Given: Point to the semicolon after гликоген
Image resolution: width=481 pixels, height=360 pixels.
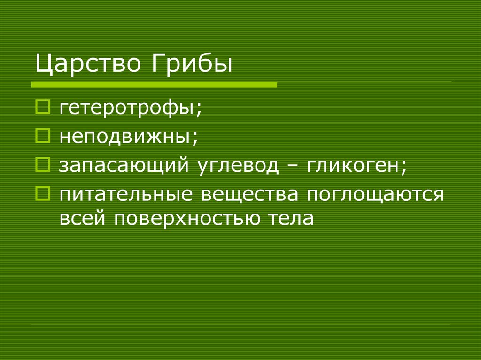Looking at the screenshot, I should click(x=403, y=167).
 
